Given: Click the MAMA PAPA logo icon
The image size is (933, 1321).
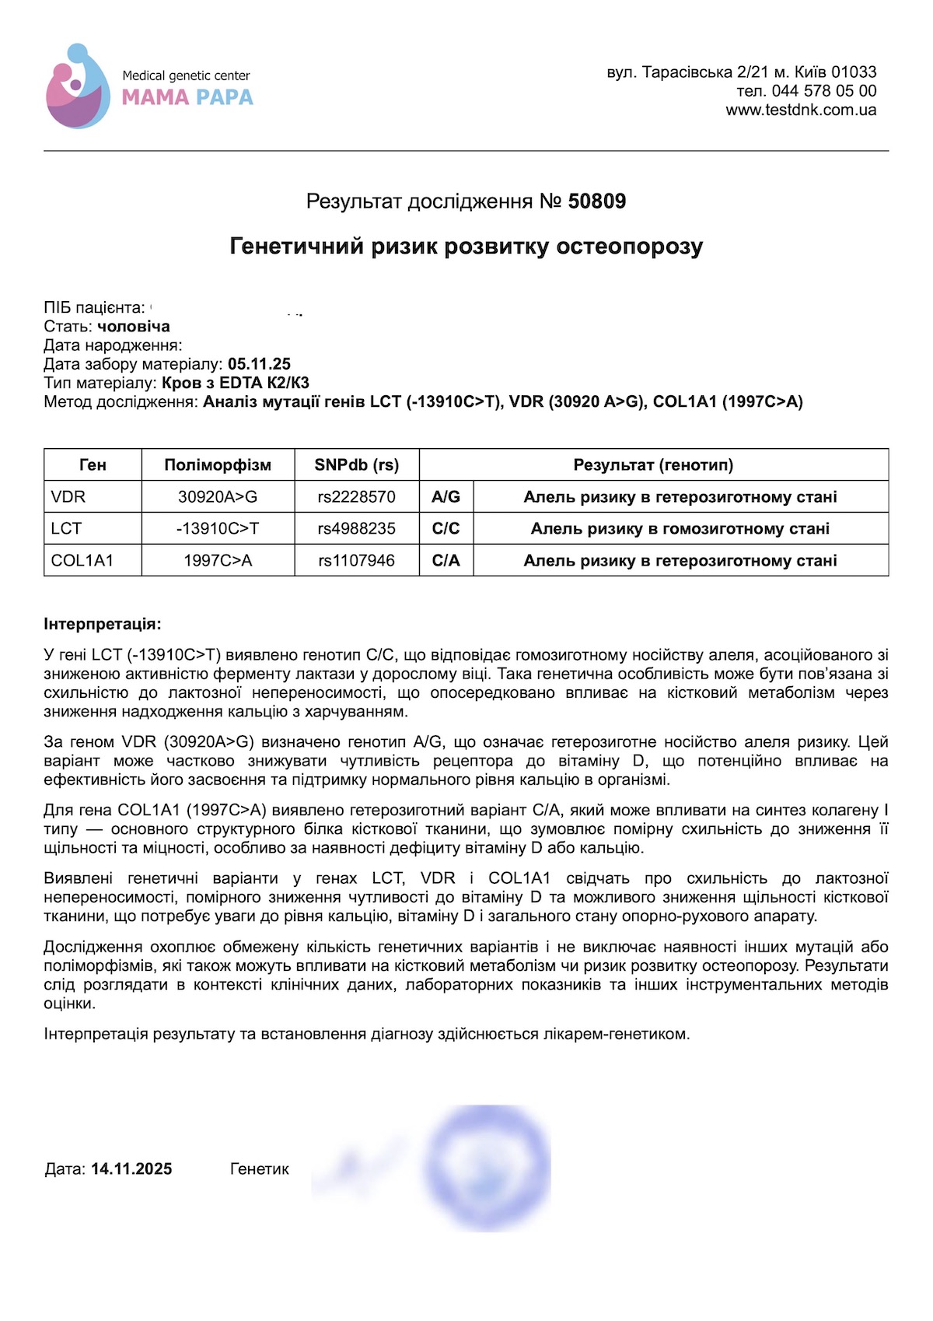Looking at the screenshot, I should pos(78,86).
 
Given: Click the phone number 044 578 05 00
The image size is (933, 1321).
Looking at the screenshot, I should pos(824,91).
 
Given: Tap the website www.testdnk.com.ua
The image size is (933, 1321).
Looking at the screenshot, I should pos(801,110).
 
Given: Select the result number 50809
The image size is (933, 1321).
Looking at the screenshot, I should pos(596,201).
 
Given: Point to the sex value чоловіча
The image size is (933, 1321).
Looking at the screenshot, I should pos(133,327).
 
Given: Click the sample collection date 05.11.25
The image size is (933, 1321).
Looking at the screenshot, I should pos(259,364).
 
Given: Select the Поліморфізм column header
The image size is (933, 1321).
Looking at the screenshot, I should pos(218,465).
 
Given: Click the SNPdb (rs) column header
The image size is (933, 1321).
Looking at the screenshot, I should pos(356,465).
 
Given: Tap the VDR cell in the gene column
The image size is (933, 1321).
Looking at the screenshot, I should pos(68,497).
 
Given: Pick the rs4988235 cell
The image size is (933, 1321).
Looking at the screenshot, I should pos(356,529).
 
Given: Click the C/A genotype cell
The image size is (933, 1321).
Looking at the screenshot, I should pos(446,561).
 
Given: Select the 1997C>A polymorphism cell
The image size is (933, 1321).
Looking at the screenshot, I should pos(218,561).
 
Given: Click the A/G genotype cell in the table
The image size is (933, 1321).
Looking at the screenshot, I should pos(446,497).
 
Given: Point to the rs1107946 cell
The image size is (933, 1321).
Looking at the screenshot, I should pos(356,561).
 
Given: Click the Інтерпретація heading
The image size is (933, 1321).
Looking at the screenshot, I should pos(103,624).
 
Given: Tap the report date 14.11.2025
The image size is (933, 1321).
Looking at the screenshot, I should pos(131,1169).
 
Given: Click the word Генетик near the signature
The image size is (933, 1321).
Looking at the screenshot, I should pos(260,1169).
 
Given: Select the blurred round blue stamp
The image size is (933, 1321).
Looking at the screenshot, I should pos(488,1167).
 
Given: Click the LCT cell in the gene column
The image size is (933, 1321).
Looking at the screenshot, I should pos(66,529).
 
